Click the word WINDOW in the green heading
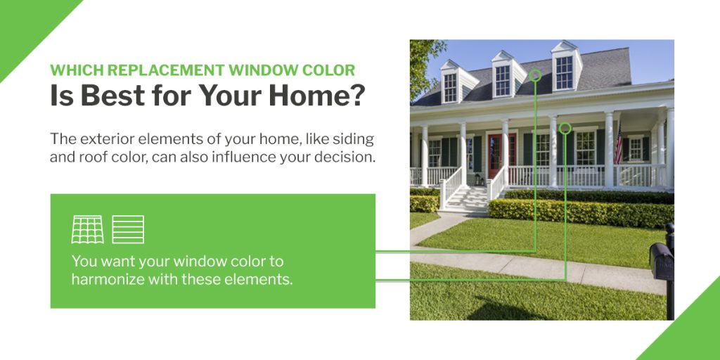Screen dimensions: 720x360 click(263, 70)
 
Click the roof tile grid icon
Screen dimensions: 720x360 click(87, 230)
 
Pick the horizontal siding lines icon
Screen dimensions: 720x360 click(128, 230)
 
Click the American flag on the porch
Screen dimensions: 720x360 click(619, 145)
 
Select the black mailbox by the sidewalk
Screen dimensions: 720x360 click(662, 262)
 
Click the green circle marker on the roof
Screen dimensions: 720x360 click(535, 75)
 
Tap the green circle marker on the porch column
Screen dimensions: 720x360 click(565, 129)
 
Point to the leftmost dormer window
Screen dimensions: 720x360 click(450, 87)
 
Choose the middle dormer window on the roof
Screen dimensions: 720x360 click(503, 80)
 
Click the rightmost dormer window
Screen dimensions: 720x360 click(564, 72)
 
